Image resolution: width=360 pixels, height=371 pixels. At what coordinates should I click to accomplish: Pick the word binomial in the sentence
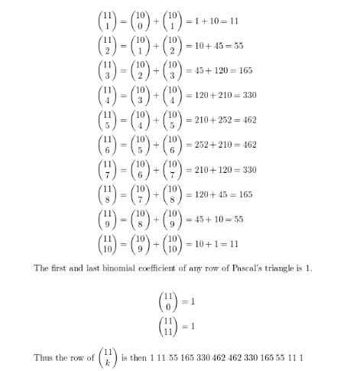tap(100, 273)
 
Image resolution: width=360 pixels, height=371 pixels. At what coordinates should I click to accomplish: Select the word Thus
tap(43, 358)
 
